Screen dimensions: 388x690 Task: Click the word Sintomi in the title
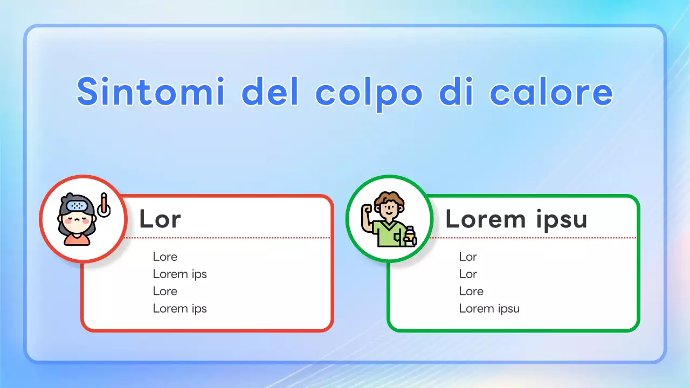151,93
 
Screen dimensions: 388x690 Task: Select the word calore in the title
551,93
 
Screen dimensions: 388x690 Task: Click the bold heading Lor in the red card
160,219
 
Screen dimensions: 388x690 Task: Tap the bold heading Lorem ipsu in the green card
516,219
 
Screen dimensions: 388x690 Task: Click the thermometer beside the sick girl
103,205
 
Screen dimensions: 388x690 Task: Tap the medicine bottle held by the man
410,235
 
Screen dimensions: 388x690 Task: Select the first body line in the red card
165,257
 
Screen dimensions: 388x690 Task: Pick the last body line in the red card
180,308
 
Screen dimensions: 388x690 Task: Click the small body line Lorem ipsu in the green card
489,308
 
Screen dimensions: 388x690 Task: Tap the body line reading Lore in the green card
471,291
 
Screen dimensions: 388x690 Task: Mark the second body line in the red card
180,274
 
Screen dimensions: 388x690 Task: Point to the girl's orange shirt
77,240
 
